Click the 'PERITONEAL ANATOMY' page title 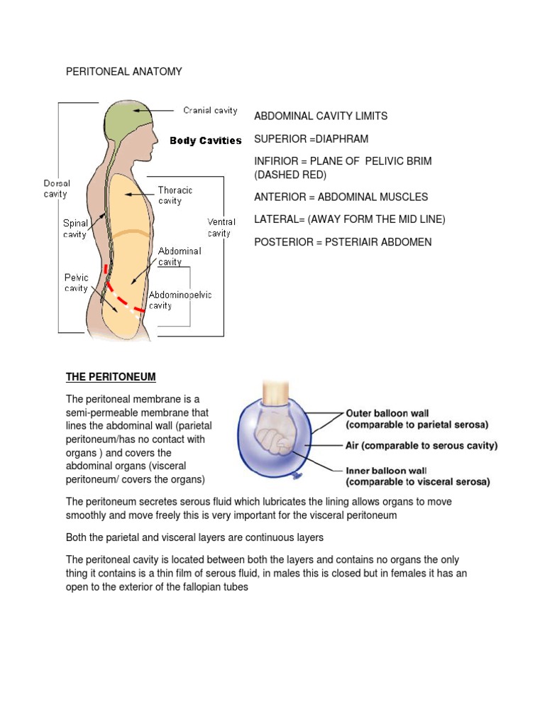124,72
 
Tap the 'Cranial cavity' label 210,111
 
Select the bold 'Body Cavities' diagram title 206,141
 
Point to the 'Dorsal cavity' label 55,188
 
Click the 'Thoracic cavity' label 175,195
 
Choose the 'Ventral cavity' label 221,227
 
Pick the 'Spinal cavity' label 76,229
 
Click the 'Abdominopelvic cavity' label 180,300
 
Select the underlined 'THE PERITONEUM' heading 111,376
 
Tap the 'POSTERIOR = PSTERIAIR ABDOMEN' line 343,242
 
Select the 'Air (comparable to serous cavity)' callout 422,446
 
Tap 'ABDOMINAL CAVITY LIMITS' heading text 321,116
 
